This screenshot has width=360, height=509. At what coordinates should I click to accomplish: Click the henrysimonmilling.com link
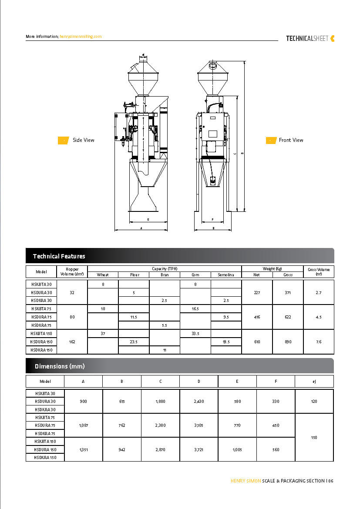[x=81, y=37]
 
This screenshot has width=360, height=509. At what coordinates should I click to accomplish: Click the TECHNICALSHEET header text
[x=307, y=38]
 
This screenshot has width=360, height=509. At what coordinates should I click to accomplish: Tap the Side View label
[x=83, y=140]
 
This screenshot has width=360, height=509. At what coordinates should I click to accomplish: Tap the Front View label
[x=291, y=140]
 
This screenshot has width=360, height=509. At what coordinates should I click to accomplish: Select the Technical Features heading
[x=59, y=256]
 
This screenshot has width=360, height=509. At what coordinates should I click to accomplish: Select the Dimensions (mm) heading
[x=60, y=366]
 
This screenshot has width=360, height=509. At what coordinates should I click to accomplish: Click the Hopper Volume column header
[x=72, y=271]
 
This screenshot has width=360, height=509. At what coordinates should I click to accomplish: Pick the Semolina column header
[x=226, y=275]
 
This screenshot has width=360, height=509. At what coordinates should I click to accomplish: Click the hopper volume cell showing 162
[x=72, y=342]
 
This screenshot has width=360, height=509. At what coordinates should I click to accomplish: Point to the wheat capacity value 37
[x=103, y=334]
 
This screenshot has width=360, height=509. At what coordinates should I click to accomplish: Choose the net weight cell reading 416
[x=257, y=317]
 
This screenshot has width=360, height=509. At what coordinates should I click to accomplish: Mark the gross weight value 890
[x=288, y=342]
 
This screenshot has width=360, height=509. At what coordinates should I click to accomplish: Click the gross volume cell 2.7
[x=319, y=293]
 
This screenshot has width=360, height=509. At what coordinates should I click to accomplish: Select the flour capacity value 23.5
[x=134, y=342]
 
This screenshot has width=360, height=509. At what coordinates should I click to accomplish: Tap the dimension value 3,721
[x=199, y=450]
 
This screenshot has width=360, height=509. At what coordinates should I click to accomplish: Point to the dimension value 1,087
[x=83, y=425]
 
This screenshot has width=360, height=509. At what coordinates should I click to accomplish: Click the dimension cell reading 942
[x=122, y=450]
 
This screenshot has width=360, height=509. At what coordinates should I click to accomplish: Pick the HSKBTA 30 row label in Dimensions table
[x=45, y=393]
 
